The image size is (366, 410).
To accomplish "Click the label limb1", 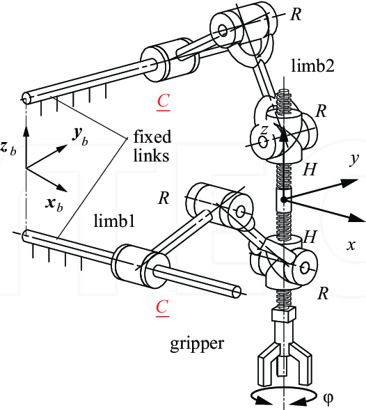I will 113,221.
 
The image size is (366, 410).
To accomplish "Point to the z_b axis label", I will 8,148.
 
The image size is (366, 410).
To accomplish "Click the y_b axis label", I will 79,136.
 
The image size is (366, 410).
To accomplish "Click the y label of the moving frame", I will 354,159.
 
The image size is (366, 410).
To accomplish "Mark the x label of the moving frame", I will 351,245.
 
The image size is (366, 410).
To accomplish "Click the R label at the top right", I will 296,15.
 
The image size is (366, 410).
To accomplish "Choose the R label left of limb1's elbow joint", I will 164,197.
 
